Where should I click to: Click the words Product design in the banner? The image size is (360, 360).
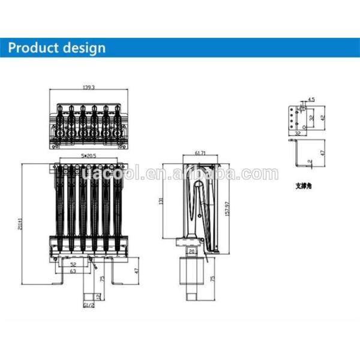58,47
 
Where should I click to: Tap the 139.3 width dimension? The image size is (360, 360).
89,88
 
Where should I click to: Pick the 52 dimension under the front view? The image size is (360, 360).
73,263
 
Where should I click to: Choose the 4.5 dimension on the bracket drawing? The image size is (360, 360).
311,99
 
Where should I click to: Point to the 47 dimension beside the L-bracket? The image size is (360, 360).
322,154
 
